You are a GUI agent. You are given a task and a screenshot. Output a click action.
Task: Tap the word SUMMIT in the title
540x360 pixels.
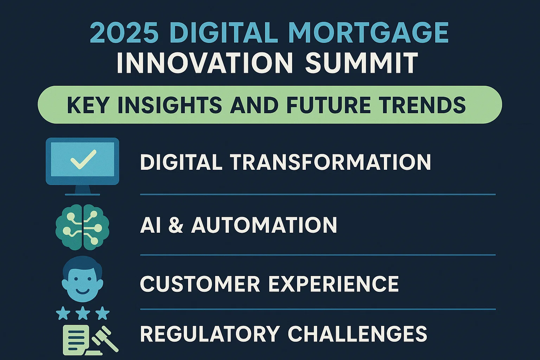361,63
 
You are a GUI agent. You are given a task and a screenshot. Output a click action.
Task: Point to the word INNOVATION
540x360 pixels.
205,63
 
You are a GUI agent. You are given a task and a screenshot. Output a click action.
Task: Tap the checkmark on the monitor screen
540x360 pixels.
83,159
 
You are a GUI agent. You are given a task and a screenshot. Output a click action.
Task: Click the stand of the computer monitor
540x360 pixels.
83,190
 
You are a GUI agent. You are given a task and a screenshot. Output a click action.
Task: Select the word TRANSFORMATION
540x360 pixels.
330,162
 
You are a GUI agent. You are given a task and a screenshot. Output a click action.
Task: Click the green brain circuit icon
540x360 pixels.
83,227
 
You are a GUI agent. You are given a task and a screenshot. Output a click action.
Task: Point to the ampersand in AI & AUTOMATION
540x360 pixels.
176,225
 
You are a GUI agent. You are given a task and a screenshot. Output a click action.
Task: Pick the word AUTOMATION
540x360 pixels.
264,225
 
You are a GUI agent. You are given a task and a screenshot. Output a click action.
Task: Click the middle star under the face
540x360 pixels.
83,313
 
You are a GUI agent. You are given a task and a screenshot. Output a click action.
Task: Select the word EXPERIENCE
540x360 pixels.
334,284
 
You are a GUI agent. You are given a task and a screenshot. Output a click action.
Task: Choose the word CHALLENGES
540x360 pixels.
357,334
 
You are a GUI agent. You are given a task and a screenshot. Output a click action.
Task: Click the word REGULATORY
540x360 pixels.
210,334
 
